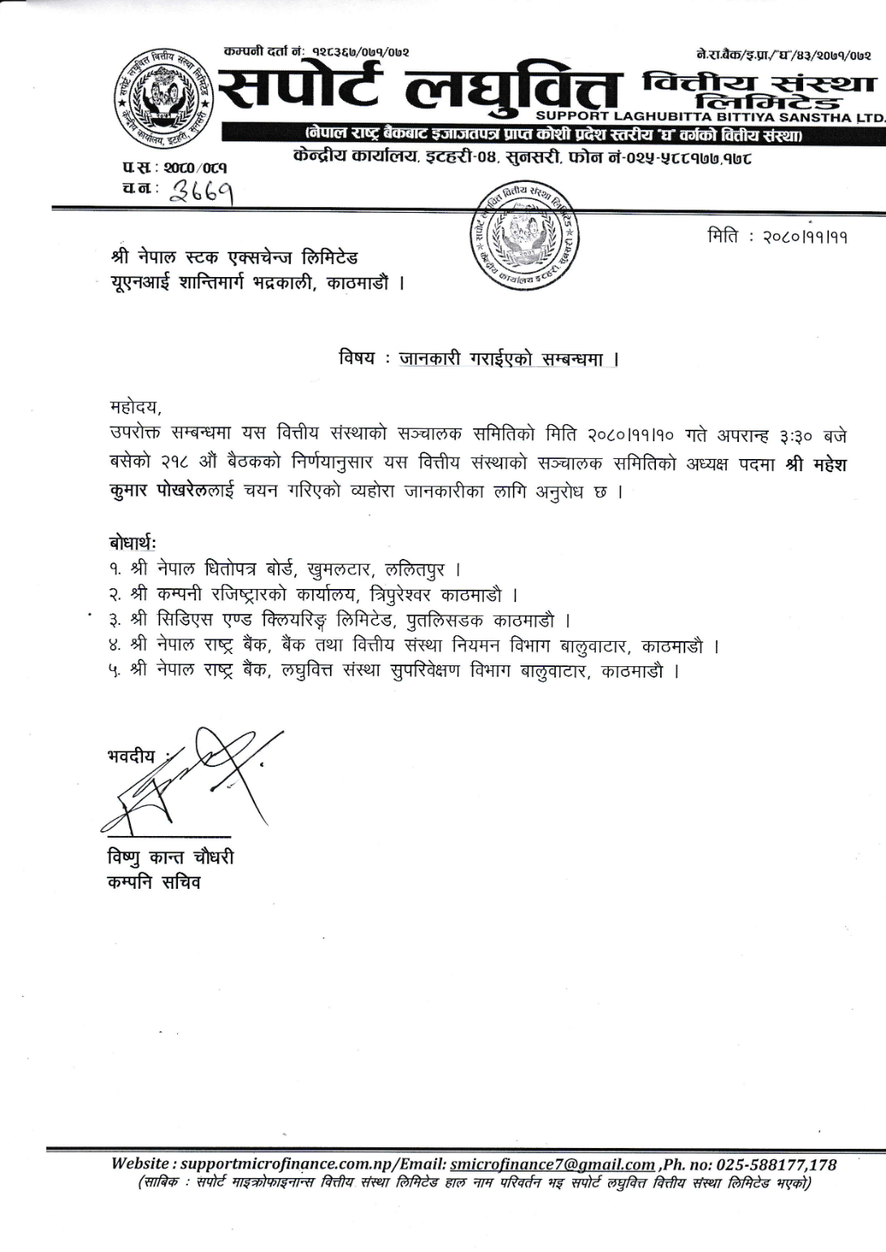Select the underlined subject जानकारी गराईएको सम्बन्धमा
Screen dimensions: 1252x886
click(x=508, y=358)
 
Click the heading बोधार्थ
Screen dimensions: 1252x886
click(x=132, y=542)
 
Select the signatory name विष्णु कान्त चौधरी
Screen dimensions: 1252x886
click(x=171, y=857)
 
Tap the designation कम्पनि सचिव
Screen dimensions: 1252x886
click(x=154, y=882)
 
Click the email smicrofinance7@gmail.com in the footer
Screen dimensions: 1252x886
click(x=553, y=1164)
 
